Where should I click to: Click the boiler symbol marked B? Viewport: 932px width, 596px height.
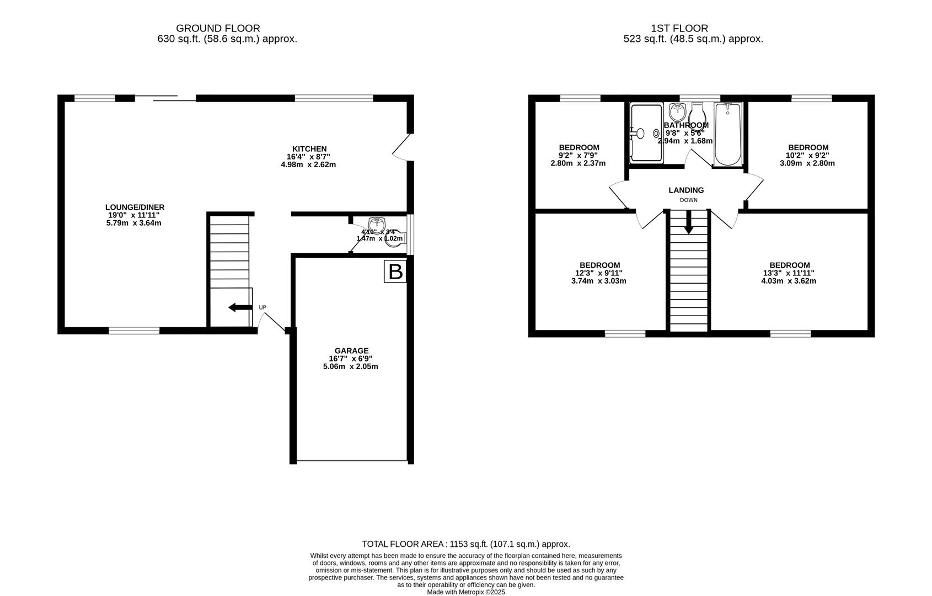[395, 272]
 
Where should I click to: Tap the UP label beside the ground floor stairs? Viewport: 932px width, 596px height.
[263, 307]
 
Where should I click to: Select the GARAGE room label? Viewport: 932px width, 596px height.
[351, 350]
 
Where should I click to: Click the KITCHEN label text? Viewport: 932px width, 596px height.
[309, 149]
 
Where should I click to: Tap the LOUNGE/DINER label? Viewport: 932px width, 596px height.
[135, 207]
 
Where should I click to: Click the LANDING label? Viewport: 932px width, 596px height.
[686, 190]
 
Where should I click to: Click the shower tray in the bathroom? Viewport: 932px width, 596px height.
[646, 133]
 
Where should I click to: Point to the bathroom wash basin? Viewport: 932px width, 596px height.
[677, 113]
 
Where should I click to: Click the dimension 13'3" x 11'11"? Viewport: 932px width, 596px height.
[789, 273]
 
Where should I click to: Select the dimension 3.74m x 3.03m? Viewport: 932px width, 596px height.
[598, 281]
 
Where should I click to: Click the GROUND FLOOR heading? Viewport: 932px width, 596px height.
[218, 28]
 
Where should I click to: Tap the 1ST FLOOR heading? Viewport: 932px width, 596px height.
[679, 28]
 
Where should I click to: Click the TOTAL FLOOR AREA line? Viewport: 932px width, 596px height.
[465, 544]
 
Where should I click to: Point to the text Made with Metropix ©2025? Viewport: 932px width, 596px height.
[465, 592]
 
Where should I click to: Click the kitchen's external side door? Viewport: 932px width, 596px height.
[401, 147]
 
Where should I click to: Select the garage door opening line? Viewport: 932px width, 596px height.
[352, 461]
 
